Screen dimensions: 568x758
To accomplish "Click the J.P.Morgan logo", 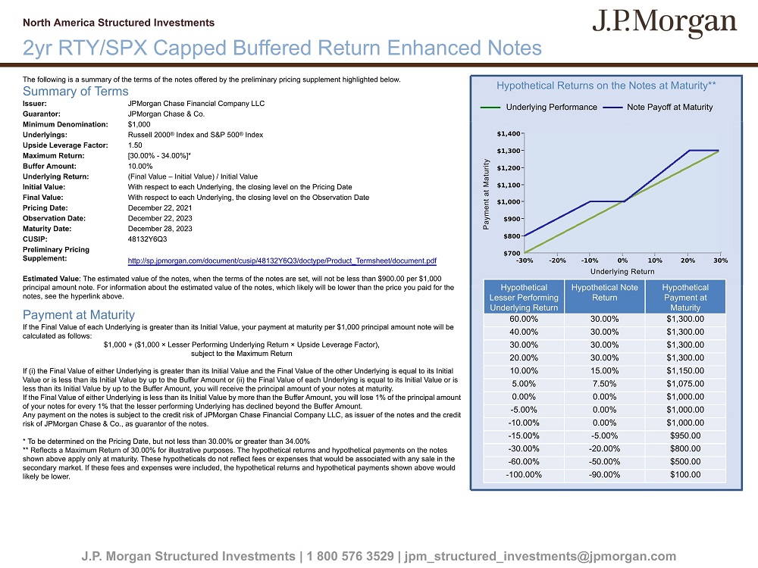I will (x=664, y=23).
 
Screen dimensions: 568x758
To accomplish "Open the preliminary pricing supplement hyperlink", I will (x=282, y=261).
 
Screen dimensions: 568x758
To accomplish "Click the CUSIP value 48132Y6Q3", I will (x=147, y=239).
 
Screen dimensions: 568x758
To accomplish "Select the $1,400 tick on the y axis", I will (x=509, y=133).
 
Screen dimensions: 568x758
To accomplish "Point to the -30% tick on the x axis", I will (x=524, y=261).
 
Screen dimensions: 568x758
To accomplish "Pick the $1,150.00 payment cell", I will (x=685, y=371).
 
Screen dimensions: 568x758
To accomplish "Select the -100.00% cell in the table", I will (x=523, y=475).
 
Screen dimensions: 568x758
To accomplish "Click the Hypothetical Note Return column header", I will (x=604, y=292).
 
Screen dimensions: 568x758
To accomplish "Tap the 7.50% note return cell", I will (x=604, y=384).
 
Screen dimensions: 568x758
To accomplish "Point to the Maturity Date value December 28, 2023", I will (x=160, y=228).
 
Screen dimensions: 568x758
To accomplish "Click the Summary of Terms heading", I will (x=76, y=92).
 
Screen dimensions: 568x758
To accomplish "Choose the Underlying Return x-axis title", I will (x=622, y=271).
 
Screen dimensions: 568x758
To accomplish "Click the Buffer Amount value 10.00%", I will (x=140, y=166).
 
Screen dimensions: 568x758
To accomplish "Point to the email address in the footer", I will (x=540, y=557).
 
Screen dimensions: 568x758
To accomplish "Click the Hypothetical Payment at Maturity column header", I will (x=685, y=298).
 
